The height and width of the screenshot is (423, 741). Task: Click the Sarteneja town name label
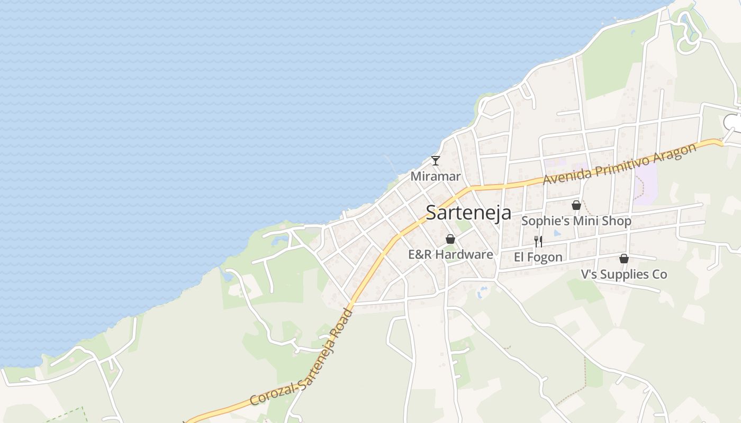[x=468, y=213]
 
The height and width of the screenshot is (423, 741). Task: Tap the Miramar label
[x=436, y=176]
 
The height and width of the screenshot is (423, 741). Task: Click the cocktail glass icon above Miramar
[x=436, y=160]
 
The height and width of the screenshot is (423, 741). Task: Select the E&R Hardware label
[x=450, y=254]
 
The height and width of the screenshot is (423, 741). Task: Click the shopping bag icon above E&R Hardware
[x=450, y=239]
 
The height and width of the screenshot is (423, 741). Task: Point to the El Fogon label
[x=538, y=257]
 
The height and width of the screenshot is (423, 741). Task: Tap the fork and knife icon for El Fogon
[x=538, y=242]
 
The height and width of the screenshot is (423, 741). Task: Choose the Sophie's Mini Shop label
[x=576, y=220]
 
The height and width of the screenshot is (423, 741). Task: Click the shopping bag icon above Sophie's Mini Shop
[x=576, y=205]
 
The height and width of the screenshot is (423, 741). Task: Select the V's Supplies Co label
[x=624, y=274]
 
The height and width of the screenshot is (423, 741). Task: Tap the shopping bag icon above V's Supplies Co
[x=624, y=259]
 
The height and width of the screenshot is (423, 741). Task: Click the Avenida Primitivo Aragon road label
[x=620, y=163]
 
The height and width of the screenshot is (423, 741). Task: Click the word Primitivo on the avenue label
[x=622, y=163]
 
